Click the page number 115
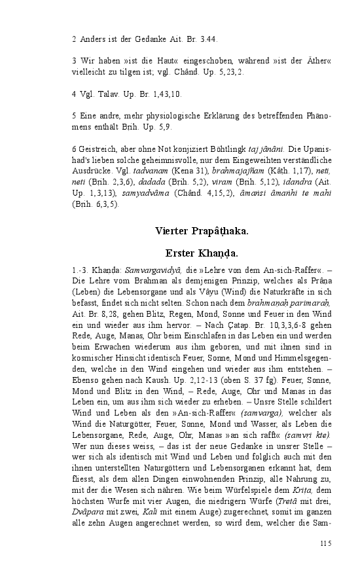click(x=326, y=543)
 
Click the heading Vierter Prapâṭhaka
click(x=202, y=230)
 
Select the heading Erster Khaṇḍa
click(x=202, y=253)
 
